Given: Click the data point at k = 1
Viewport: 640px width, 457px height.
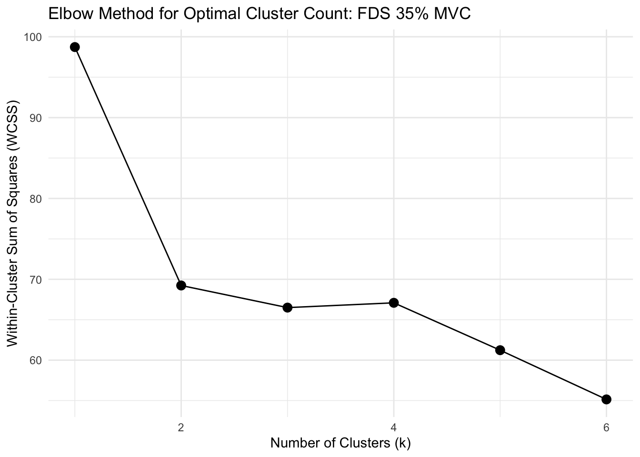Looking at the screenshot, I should (x=75, y=47).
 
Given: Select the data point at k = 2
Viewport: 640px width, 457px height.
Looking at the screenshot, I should (x=181, y=286).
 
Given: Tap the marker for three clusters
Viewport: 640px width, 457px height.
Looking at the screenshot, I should (x=287, y=308).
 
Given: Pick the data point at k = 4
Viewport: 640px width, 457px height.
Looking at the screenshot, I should (x=394, y=303).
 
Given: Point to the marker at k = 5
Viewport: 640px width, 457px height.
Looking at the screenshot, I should (x=500, y=350).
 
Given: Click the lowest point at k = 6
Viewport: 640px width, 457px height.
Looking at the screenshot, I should (x=606, y=399).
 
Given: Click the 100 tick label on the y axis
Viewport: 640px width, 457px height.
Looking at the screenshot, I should (x=34, y=37).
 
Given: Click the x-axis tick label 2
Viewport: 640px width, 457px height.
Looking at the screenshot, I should (x=181, y=427).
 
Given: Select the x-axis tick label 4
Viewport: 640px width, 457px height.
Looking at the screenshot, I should (x=394, y=427).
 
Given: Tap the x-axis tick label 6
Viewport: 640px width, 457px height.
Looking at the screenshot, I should (x=606, y=427).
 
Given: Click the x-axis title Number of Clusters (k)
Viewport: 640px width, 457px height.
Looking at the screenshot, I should (x=340, y=443).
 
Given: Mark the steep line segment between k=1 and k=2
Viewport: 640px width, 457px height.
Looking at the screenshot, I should (x=128, y=166).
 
